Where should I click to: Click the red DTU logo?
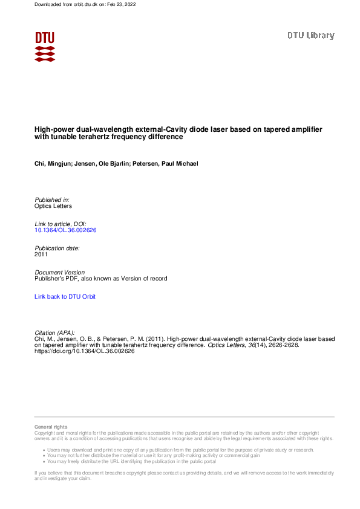45,46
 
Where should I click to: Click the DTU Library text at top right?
310,36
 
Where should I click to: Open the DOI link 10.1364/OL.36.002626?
66,230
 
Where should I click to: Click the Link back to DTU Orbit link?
65,297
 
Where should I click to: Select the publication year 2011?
42,254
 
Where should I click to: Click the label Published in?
52,199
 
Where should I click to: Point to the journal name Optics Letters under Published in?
53,206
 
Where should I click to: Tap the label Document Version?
60,273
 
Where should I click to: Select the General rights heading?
51,427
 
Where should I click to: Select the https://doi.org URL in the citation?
84,351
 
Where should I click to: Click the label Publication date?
57,248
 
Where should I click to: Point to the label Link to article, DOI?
61,224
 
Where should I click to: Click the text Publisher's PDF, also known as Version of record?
100,279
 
